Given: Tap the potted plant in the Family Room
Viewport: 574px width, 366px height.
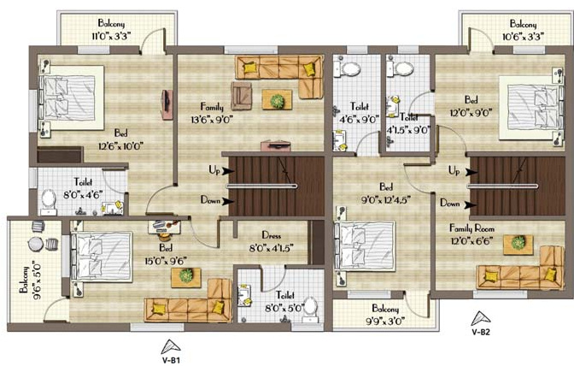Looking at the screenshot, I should click(518, 243).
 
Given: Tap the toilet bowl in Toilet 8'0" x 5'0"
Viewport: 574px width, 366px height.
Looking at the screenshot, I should click(311, 306).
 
